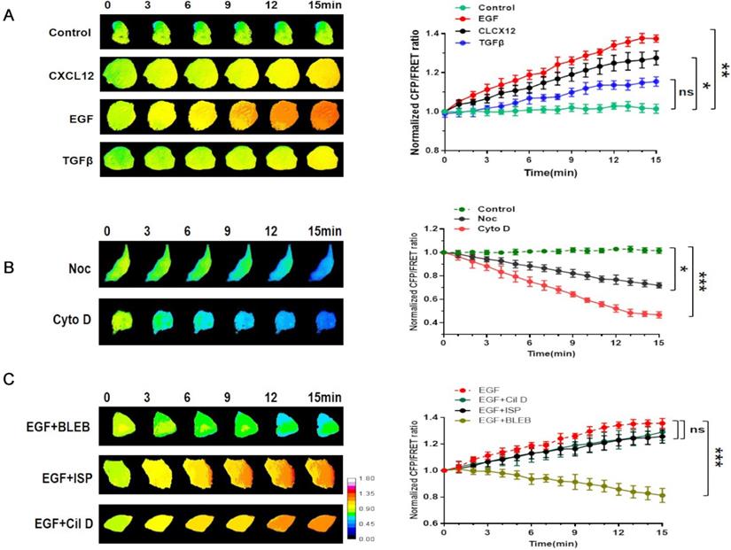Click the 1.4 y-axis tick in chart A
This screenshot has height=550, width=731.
point(432,34)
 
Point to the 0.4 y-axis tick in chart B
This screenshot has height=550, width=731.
point(432,322)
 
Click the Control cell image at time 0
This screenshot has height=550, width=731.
point(117,35)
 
